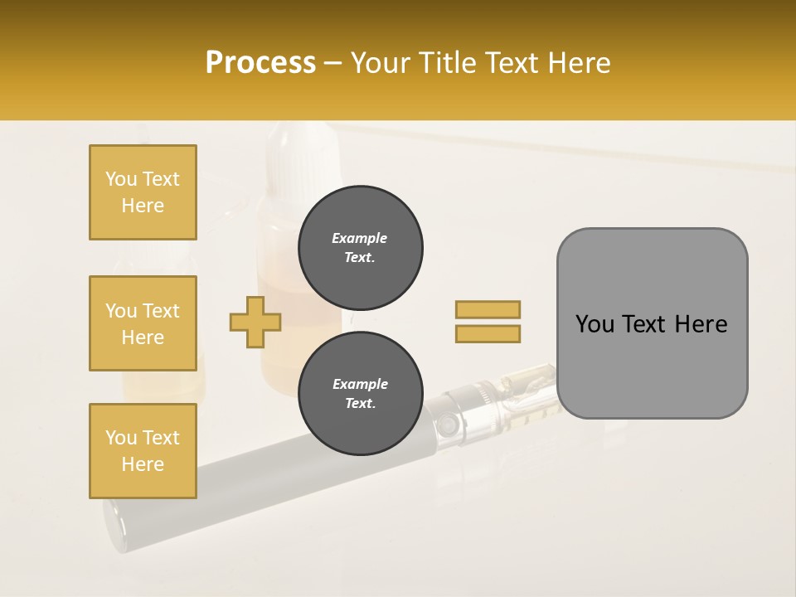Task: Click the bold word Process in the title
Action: pos(260,63)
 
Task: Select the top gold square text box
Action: pos(143,192)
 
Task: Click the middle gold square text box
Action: pos(143,323)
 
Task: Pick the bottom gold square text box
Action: pos(143,451)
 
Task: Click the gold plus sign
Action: pos(255,322)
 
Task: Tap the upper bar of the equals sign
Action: pos(488,309)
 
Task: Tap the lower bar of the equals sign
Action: pos(488,333)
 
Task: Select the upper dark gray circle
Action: pos(360,247)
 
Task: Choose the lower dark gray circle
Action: pos(360,393)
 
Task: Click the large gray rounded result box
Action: pos(652,323)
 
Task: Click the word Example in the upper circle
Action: pos(360,238)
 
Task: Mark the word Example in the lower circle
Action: pos(360,384)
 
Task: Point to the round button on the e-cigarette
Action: pos(449,425)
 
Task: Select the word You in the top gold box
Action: pos(121,179)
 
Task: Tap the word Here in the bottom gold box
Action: pos(143,464)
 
